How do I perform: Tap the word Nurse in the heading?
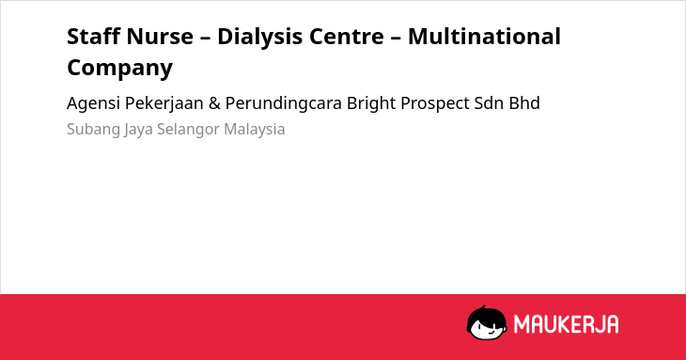click(x=160, y=37)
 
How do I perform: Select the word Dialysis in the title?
click(x=258, y=37)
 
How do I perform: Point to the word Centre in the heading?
click(x=347, y=37)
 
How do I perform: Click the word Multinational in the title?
click(x=484, y=37)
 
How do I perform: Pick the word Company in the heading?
click(x=120, y=68)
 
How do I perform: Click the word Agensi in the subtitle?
click(x=93, y=103)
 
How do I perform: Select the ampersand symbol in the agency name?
click(x=214, y=103)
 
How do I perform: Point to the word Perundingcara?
click(x=284, y=103)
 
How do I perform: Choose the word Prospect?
click(x=435, y=103)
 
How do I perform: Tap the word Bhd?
click(x=524, y=102)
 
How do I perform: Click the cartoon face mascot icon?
click(x=487, y=322)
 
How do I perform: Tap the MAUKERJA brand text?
click(x=566, y=324)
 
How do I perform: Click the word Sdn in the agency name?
click(x=489, y=102)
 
